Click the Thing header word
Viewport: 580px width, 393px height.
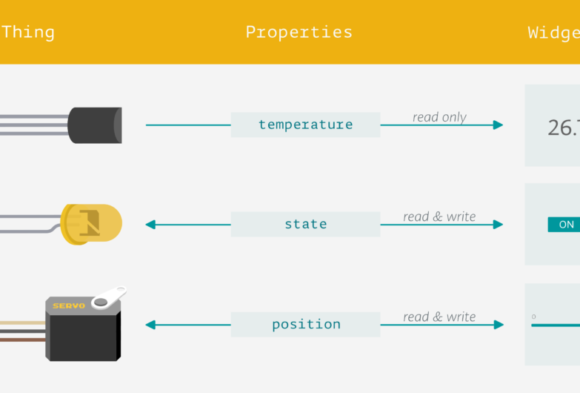pyautogui.click(x=27, y=32)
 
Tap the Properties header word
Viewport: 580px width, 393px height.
pyautogui.click(x=299, y=32)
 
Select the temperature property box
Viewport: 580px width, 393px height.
pyautogui.click(x=305, y=125)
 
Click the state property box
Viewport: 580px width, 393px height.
pyautogui.click(x=305, y=224)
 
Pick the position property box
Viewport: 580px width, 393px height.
pyautogui.click(x=305, y=324)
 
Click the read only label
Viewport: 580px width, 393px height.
pyautogui.click(x=439, y=117)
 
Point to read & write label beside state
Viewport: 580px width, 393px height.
pyautogui.click(x=439, y=217)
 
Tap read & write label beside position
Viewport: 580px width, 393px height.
pyautogui.click(x=439, y=317)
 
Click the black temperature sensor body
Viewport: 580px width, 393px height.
pyautogui.click(x=94, y=125)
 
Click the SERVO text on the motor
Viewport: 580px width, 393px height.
pyautogui.click(x=69, y=305)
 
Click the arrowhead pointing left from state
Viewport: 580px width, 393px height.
pyautogui.click(x=150, y=224)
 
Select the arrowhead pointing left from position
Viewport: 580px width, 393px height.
pyautogui.click(x=150, y=324)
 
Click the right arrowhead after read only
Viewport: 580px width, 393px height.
pyautogui.click(x=498, y=125)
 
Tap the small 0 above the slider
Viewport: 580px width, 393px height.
pyautogui.click(x=533, y=317)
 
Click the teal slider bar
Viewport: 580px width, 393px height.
pyautogui.click(x=556, y=325)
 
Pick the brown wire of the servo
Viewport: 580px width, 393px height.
pyautogui.click(x=22, y=340)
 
